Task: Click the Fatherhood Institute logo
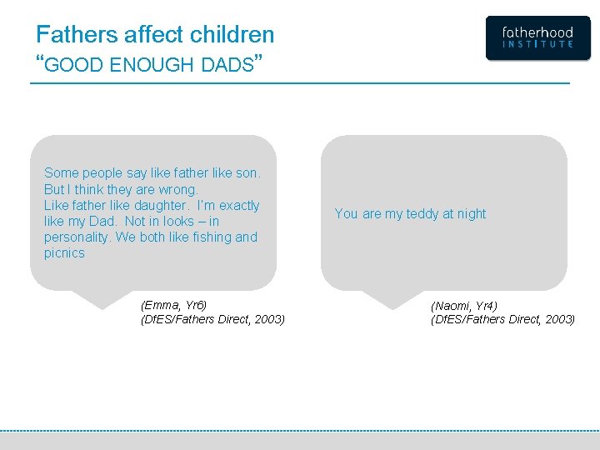click(x=537, y=38)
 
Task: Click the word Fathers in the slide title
click(x=77, y=35)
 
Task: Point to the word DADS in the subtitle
click(x=227, y=65)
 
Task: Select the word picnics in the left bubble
click(x=64, y=252)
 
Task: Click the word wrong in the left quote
click(x=178, y=189)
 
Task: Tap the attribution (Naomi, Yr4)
click(x=463, y=306)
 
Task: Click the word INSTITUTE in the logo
click(x=537, y=44)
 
